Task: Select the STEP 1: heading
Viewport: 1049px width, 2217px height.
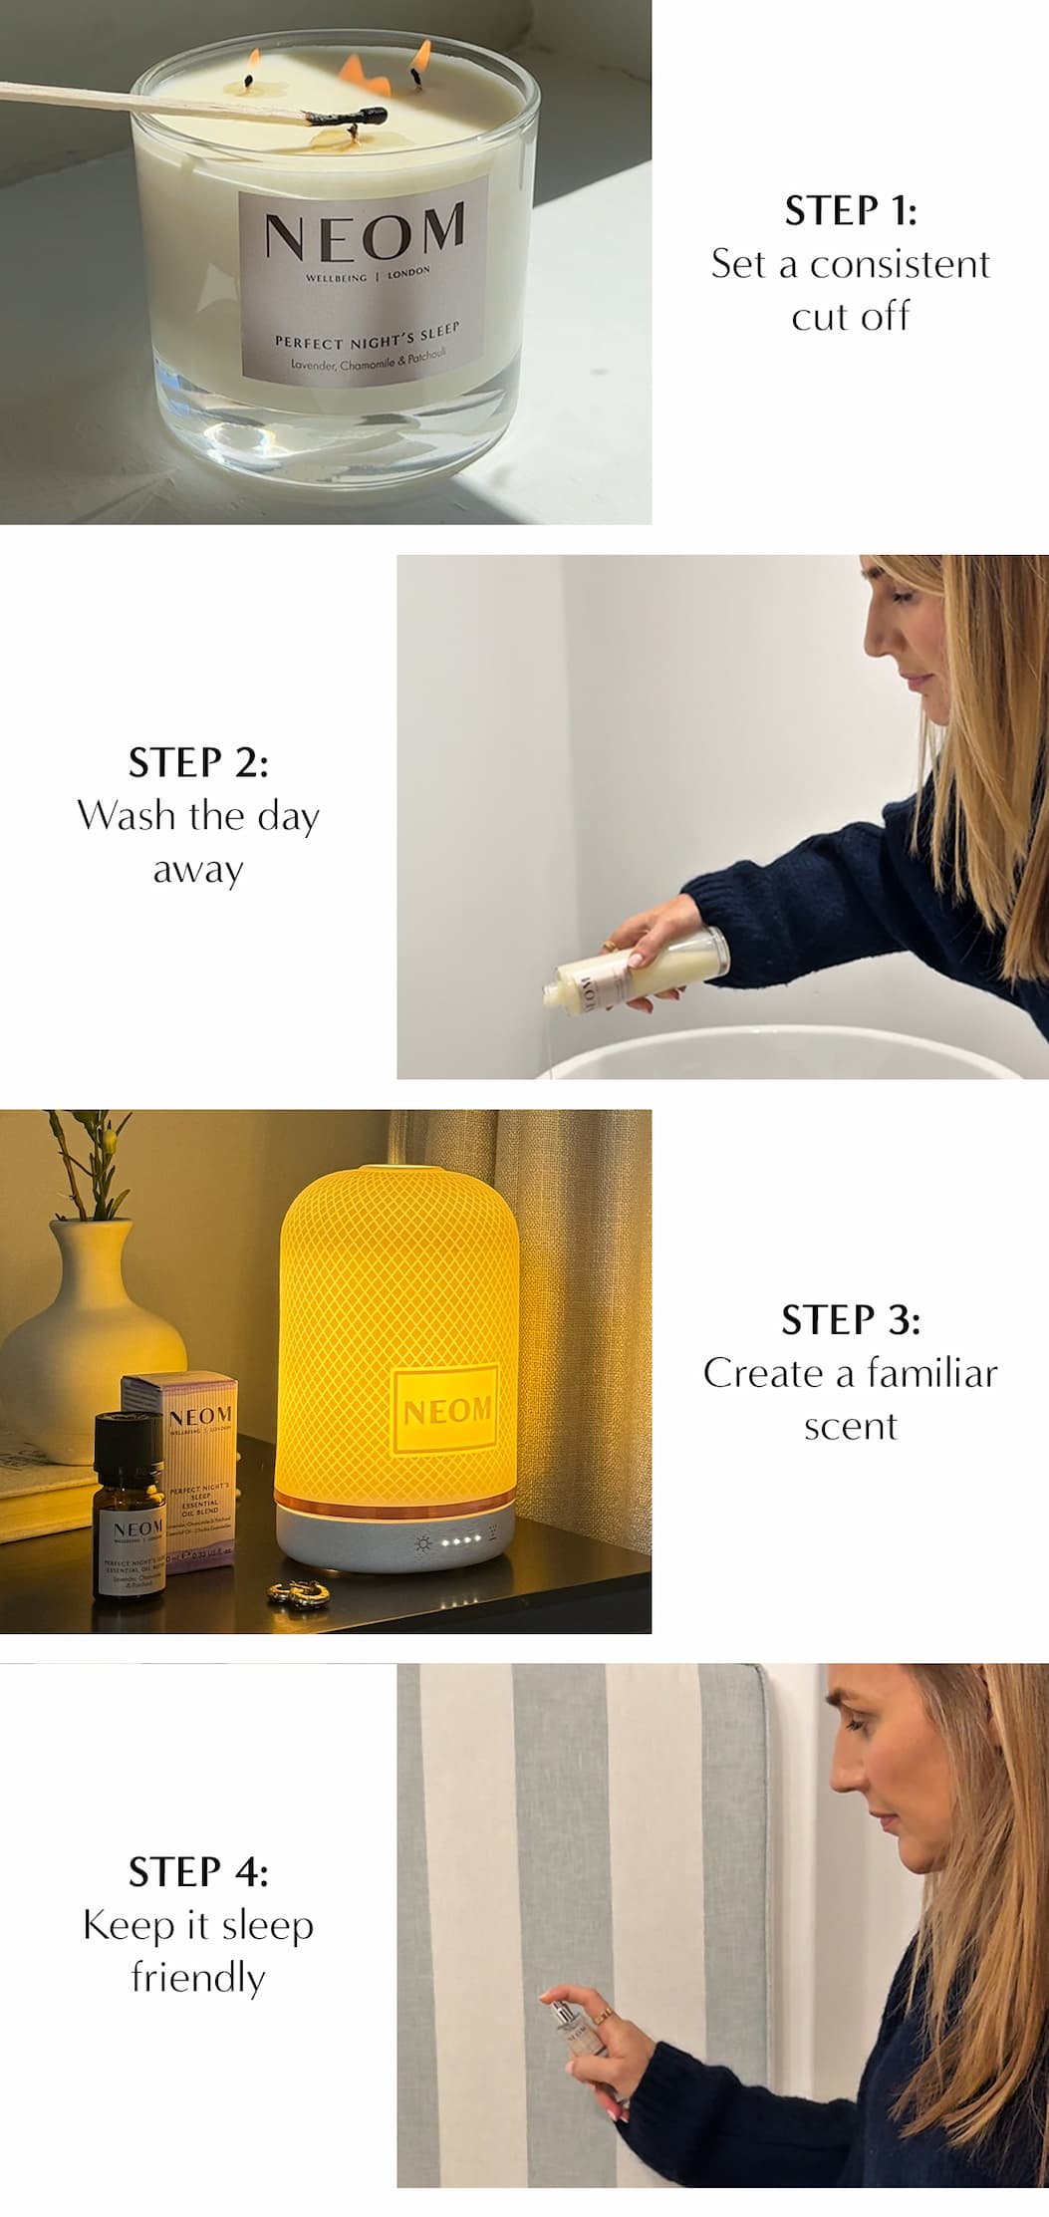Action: [x=850, y=210]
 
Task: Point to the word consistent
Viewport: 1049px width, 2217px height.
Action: [x=900, y=264]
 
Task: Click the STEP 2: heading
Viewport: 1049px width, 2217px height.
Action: [x=198, y=762]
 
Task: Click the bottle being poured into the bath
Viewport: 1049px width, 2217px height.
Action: [x=638, y=973]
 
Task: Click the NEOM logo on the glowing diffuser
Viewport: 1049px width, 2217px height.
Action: [x=446, y=1410]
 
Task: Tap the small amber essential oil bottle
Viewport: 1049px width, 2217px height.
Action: [x=129, y=1505]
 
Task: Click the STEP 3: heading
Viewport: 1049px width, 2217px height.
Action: [x=850, y=1320]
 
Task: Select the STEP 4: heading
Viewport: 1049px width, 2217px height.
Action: [x=198, y=1872]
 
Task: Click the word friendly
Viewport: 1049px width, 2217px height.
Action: [x=198, y=1977]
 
